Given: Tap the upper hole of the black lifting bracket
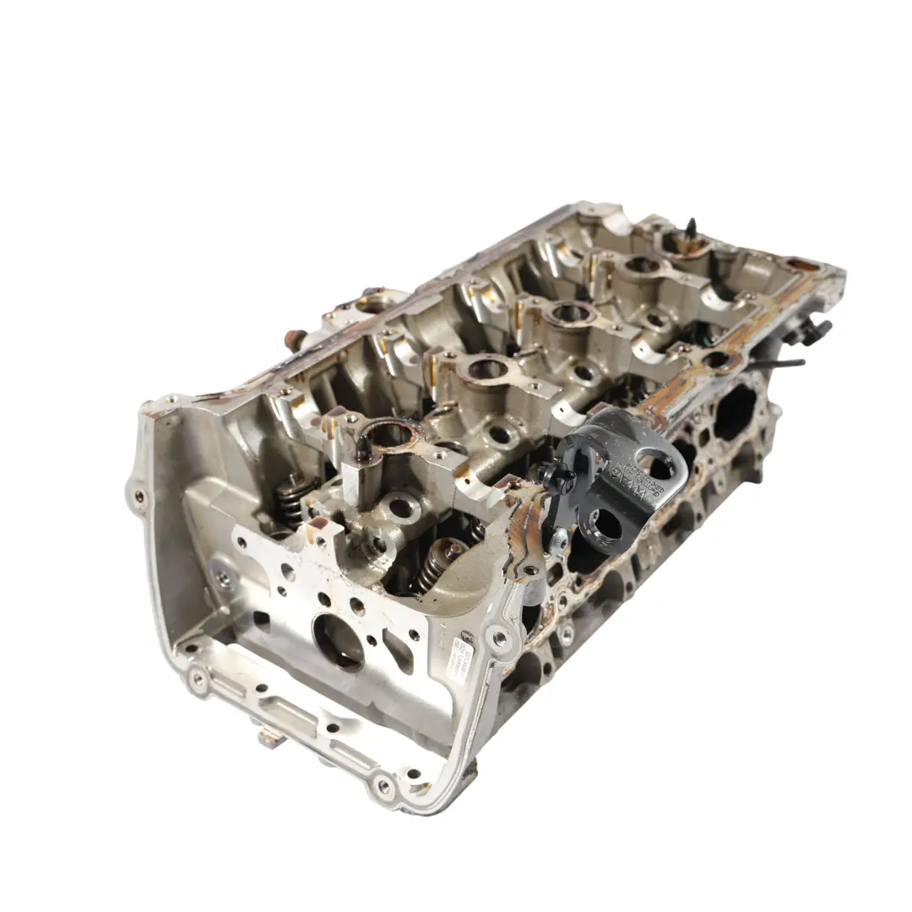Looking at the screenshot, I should click(660, 464).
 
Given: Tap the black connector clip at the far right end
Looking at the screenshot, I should click(814, 331).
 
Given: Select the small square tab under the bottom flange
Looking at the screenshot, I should click(268, 738).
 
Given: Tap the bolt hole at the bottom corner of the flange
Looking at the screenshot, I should click(385, 785).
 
